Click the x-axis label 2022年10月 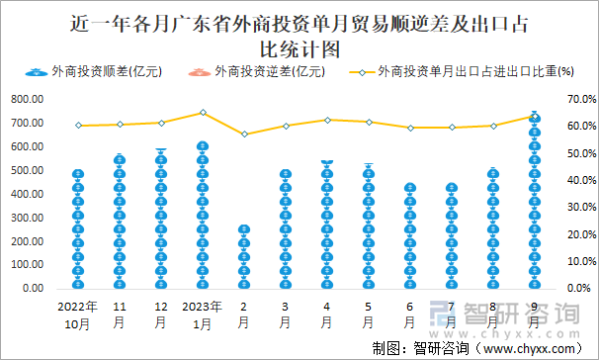pos(78,315)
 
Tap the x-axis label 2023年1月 pos(202,315)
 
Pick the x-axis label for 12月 pos(160,315)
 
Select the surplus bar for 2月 pos(243,257)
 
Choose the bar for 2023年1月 pos(202,217)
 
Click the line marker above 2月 pos(243,135)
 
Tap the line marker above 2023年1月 pos(202,113)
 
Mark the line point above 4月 pos(326,120)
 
